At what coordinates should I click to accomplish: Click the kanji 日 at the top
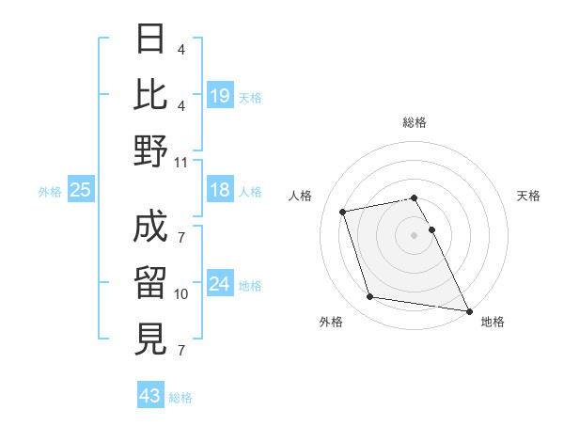pos(151,39)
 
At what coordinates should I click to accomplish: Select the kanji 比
pos(151,94)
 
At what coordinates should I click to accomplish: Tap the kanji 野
pos(151,150)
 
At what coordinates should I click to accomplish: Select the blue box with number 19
pos(220,96)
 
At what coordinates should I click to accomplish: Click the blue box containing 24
pos(220,285)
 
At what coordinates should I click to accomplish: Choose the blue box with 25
pos(81,191)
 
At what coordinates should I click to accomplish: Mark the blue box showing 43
pos(150,397)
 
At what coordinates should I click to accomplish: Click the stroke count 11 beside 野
pos(181,162)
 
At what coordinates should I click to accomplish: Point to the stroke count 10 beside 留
pos(181,294)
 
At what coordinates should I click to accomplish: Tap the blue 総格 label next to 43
pos(180,398)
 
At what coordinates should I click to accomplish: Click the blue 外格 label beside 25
pos(50,192)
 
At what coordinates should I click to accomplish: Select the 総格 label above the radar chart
pos(414,122)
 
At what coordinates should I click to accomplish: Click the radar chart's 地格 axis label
pos(493,322)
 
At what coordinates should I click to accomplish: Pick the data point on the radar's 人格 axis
pos(343,211)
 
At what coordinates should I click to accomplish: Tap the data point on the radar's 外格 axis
pos(370,297)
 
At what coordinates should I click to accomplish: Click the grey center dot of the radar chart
pos(414,234)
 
